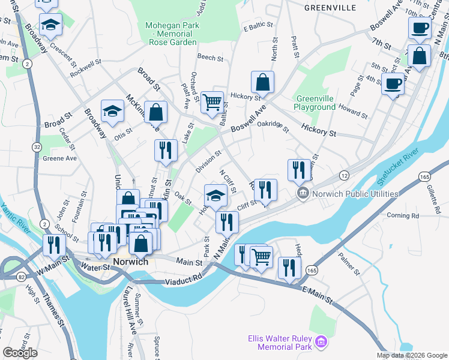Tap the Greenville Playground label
point(315,103)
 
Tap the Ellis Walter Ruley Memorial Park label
point(280,342)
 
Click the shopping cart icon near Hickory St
point(212,103)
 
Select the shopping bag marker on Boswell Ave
point(262,82)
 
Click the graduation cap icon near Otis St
point(112,111)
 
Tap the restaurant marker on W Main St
point(55,245)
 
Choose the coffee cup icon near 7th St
point(420,28)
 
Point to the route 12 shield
point(344,175)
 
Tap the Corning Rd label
point(403,215)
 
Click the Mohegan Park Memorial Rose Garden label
point(171,34)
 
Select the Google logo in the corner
point(20,353)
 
